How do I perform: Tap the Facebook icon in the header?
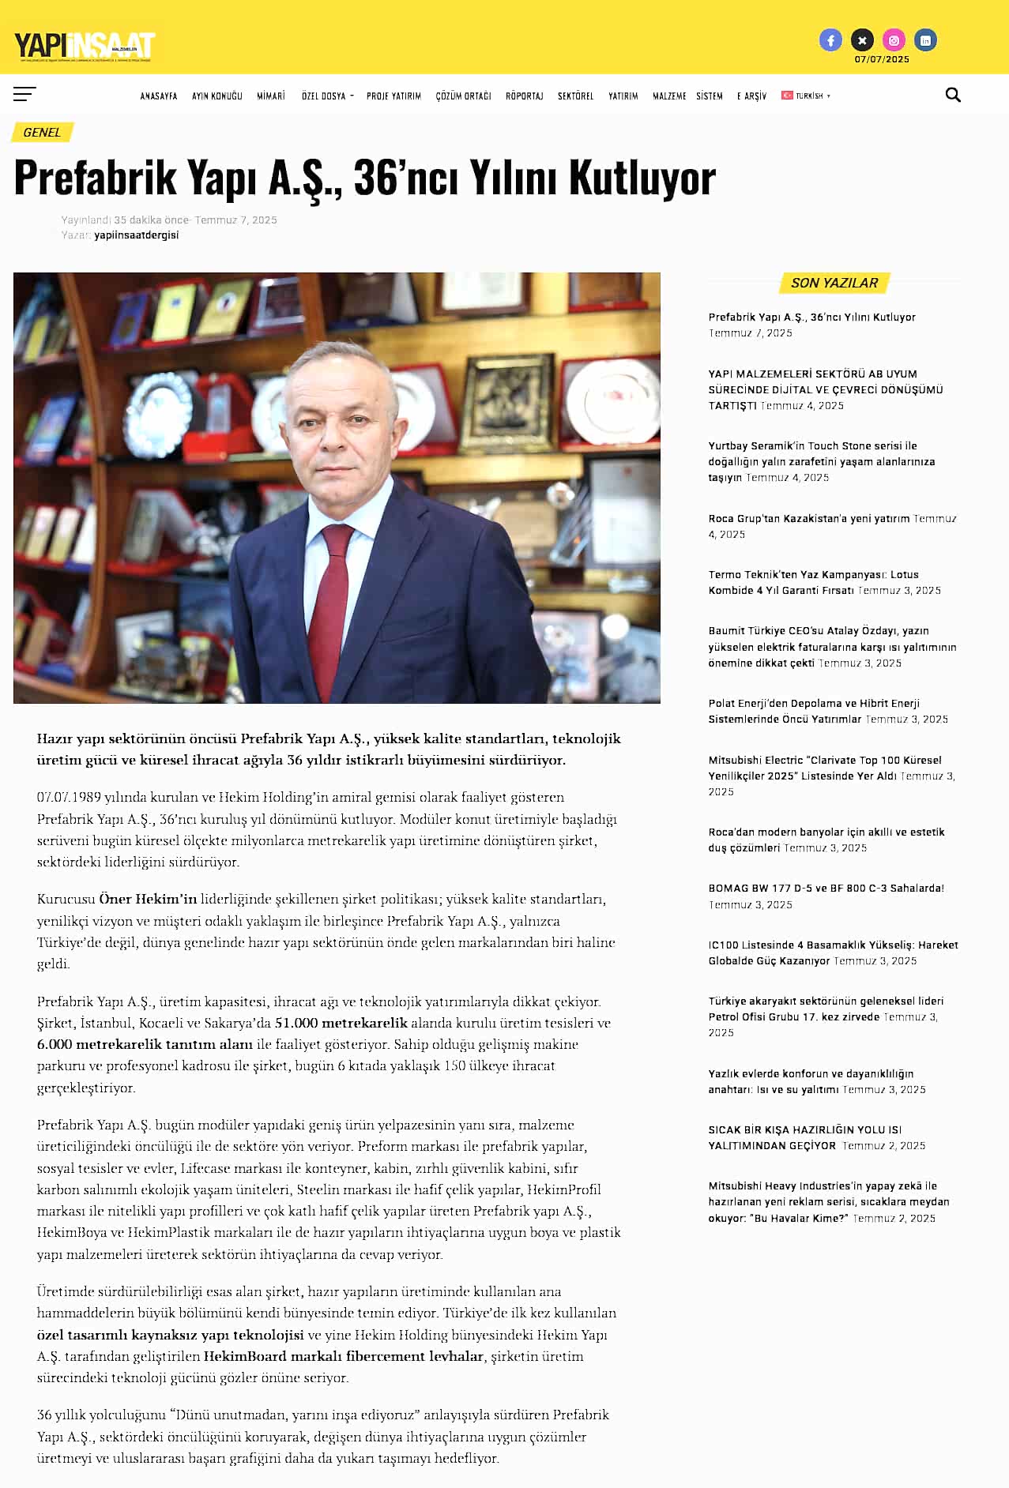[830, 40]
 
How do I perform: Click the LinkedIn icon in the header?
[925, 40]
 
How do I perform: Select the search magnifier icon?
[953, 96]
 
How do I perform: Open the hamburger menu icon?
[24, 95]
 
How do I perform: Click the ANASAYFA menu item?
[159, 96]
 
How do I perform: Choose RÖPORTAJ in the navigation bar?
[525, 96]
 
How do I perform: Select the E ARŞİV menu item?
[751, 96]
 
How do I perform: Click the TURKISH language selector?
[806, 96]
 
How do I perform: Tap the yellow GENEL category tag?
[42, 133]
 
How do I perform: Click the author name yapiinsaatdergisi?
[136, 235]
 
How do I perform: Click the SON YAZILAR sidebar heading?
[834, 283]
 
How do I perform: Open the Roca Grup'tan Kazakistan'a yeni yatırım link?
[808, 519]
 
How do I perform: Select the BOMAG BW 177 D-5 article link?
[826, 889]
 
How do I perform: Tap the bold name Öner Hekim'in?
[148, 900]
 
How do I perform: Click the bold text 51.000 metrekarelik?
[341, 1024]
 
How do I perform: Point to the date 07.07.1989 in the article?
[69, 798]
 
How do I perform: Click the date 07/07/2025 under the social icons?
[882, 59]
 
